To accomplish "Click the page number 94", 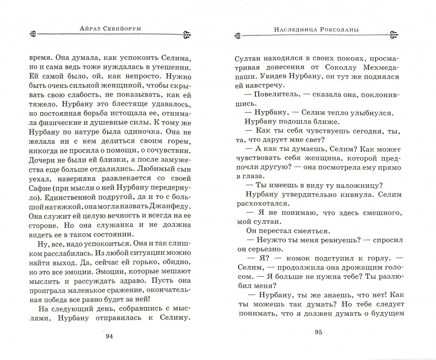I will (x=109, y=336).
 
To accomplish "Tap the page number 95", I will (x=318, y=332).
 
